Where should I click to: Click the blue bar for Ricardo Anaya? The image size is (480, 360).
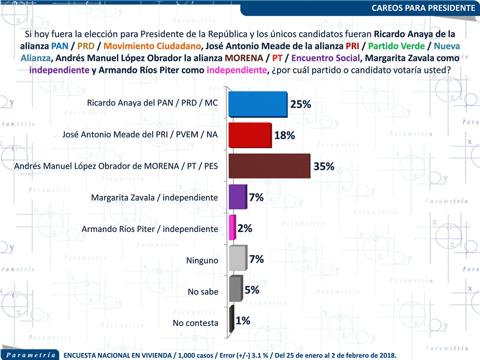257,105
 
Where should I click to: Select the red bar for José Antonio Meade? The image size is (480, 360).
250,135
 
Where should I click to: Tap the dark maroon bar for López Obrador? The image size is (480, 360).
269,166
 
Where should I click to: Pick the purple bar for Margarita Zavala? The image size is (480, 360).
237,197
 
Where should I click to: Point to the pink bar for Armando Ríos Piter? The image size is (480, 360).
232,228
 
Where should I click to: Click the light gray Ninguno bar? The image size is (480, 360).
237,259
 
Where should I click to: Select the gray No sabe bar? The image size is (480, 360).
235,290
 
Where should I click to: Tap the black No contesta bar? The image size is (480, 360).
231,321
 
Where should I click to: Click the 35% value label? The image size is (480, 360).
324,166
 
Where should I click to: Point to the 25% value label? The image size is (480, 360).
301,104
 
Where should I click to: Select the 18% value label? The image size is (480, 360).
284,135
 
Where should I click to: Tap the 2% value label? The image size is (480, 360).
245,228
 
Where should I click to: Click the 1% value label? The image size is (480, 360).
243,321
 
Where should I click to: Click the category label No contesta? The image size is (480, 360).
195,323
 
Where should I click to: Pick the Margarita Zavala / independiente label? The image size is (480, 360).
154,198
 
